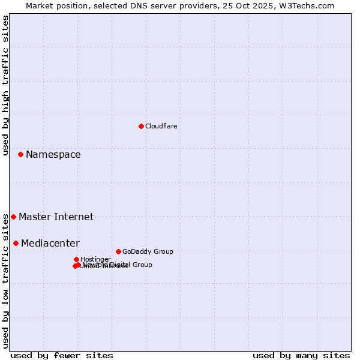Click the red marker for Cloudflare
tap(141, 126)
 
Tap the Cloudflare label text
tap(161, 126)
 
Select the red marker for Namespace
tap(20, 154)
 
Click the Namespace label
tap(53, 155)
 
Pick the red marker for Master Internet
tap(13, 217)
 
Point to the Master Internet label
tap(56, 217)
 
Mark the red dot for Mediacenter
tap(16, 243)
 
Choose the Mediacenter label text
tap(50, 244)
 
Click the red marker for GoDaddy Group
tap(118, 251)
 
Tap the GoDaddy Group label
tap(147, 251)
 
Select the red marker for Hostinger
tap(76, 259)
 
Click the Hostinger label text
tap(95, 259)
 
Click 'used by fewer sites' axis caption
tap(62, 355)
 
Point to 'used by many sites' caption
tap(301, 355)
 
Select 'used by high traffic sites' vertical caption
tap(5, 85)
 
